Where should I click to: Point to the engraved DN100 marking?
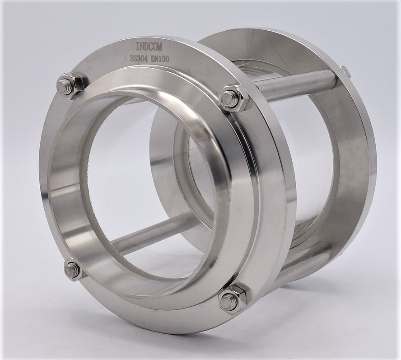160,59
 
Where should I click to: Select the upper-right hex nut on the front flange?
234,98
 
